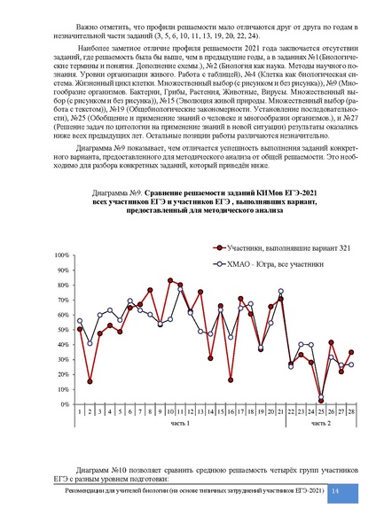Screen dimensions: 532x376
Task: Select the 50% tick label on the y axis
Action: pos(64,330)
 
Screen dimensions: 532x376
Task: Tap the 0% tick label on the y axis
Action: pos(66,404)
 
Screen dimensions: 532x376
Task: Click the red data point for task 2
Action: pos(90,381)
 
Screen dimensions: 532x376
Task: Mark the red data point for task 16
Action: pos(231,379)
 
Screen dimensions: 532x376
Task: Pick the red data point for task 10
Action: pos(170,281)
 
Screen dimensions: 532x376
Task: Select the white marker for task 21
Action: pos(281,291)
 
